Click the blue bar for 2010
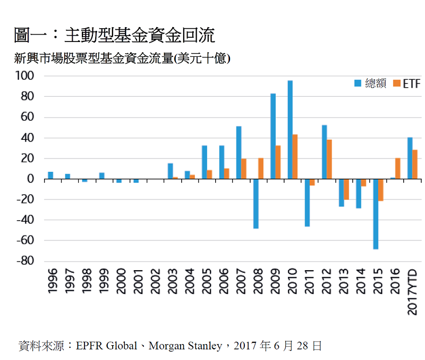[290, 130]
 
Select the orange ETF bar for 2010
[295, 157]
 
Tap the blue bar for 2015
[376, 214]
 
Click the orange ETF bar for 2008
[261, 169]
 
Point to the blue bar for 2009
[273, 136]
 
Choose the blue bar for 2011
[307, 203]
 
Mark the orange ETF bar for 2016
[398, 169]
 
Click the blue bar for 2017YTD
[410, 158]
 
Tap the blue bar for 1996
[50, 175]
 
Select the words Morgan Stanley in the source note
[185, 346]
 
